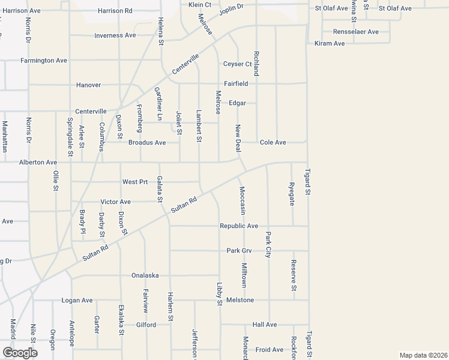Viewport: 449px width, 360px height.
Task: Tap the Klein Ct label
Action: pyautogui.click(x=200, y=4)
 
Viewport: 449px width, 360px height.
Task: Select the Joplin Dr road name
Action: pyautogui.click(x=231, y=11)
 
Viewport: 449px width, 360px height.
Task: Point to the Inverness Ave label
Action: pyautogui.click(x=115, y=35)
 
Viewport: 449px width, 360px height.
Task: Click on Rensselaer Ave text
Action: pyautogui.click(x=357, y=31)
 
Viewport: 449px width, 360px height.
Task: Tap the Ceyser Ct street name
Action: pyautogui.click(x=237, y=64)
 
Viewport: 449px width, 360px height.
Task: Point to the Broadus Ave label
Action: pyautogui.click(x=147, y=143)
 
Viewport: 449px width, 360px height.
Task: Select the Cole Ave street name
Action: pyautogui.click(x=273, y=142)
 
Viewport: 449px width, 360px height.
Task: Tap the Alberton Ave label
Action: pyautogui.click(x=38, y=163)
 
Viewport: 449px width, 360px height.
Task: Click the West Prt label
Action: pyautogui.click(x=134, y=182)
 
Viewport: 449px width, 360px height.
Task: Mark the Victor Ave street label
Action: pyautogui.click(x=115, y=202)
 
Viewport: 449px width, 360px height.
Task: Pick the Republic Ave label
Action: pyautogui.click(x=239, y=226)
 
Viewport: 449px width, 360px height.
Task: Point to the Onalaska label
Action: pyautogui.click(x=145, y=275)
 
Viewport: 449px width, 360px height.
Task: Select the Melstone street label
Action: pyautogui.click(x=241, y=300)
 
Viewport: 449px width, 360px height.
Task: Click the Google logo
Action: pyautogui.click(x=20, y=352)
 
